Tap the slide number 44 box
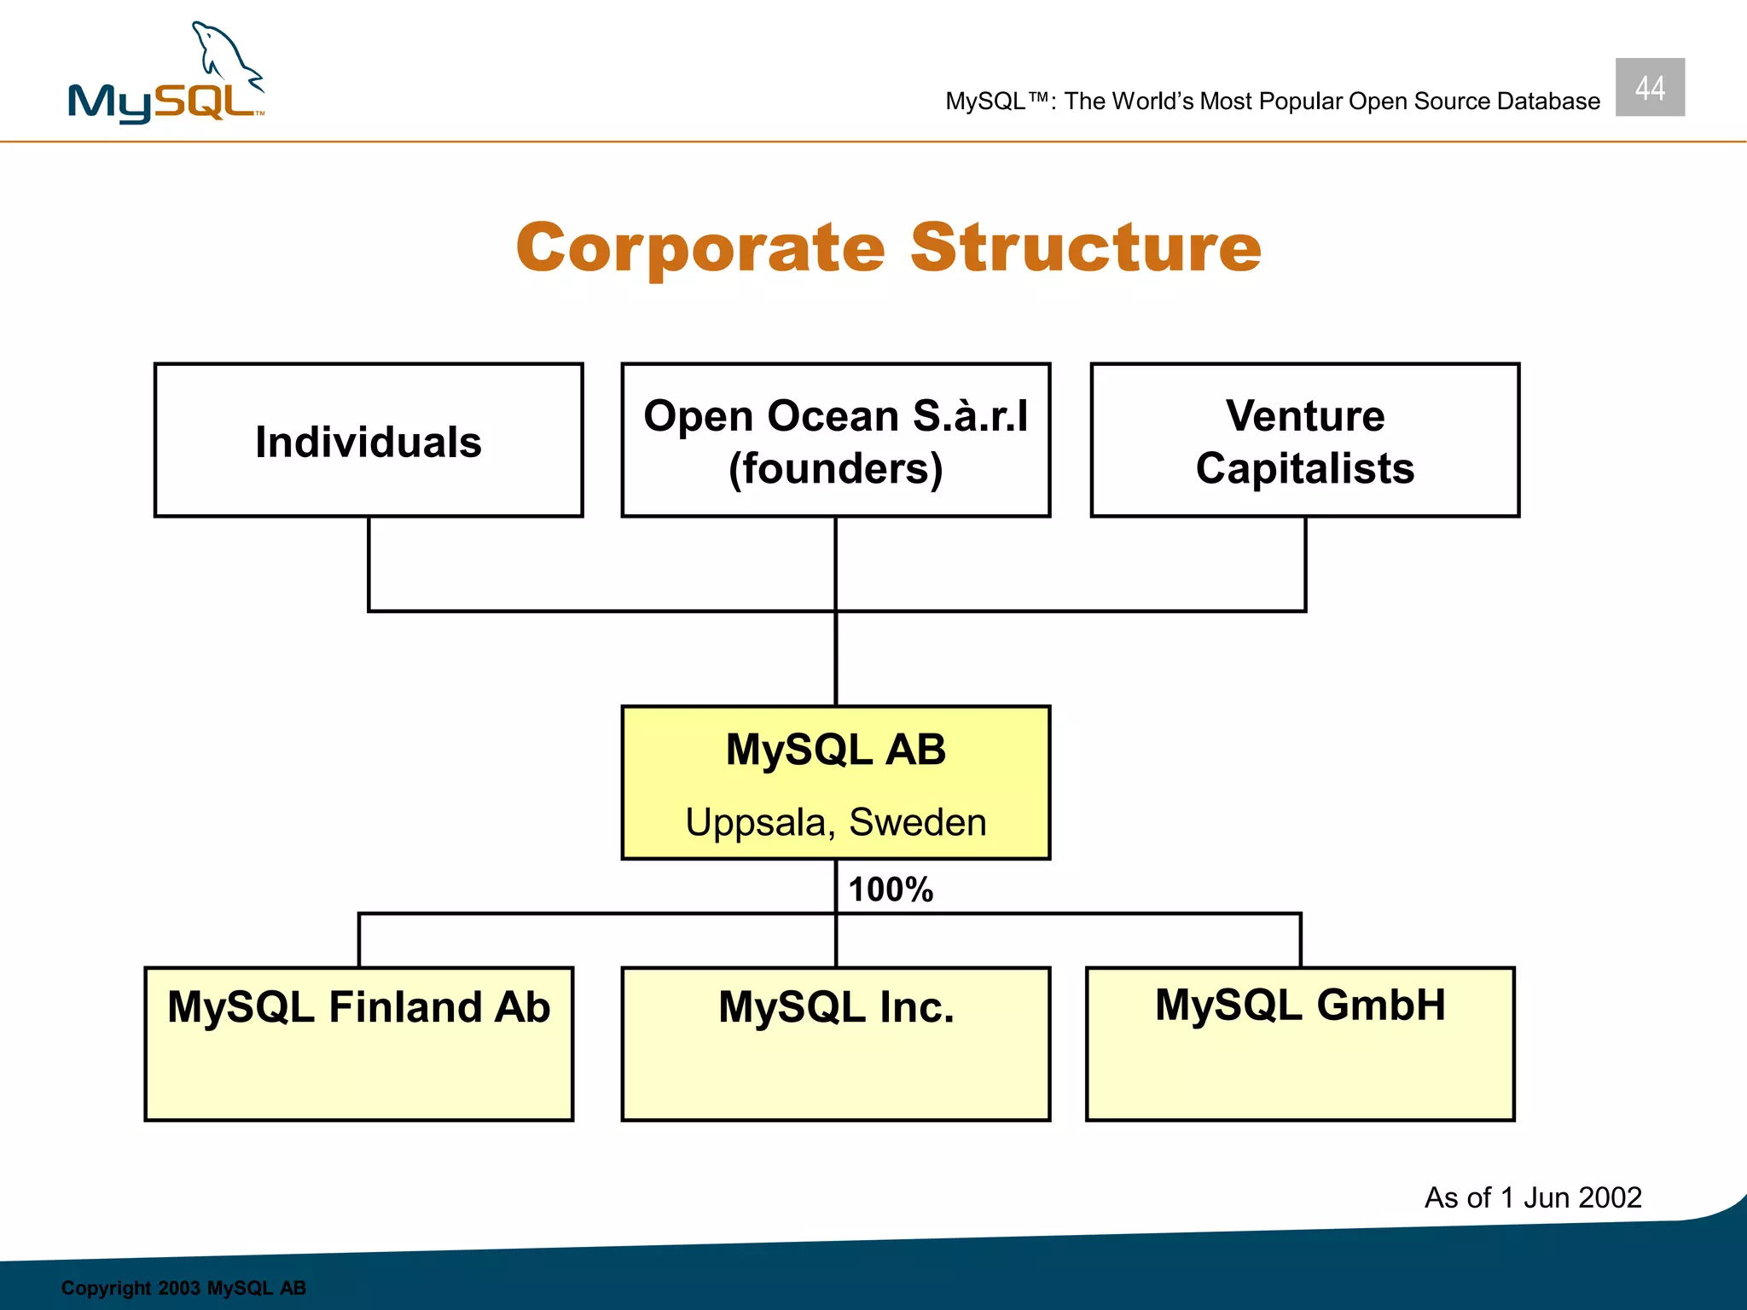pyautogui.click(x=1649, y=87)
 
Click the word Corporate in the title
pyautogui.click(x=700, y=248)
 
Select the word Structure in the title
pyautogui.click(x=1085, y=248)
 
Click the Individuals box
pyautogui.click(x=369, y=441)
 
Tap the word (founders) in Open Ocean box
pyautogui.click(x=835, y=469)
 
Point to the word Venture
pyautogui.click(x=1304, y=416)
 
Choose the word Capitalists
pyautogui.click(x=1304, y=469)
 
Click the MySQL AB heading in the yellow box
pyautogui.click(x=835, y=750)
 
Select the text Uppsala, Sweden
pyautogui.click(x=835, y=822)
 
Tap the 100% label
pyautogui.click(x=891, y=890)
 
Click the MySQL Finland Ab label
pyautogui.click(x=358, y=1007)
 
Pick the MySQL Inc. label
pyautogui.click(x=835, y=1007)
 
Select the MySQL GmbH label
pyautogui.click(x=1300, y=1005)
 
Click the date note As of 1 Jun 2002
pyautogui.click(x=1532, y=1197)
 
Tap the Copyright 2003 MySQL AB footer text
pyautogui.click(x=183, y=1288)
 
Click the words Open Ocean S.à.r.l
pyautogui.click(x=835, y=416)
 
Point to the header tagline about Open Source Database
pyautogui.click(x=1272, y=101)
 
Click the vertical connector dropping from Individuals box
pyautogui.click(x=369, y=563)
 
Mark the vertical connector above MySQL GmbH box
pyautogui.click(x=1300, y=940)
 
